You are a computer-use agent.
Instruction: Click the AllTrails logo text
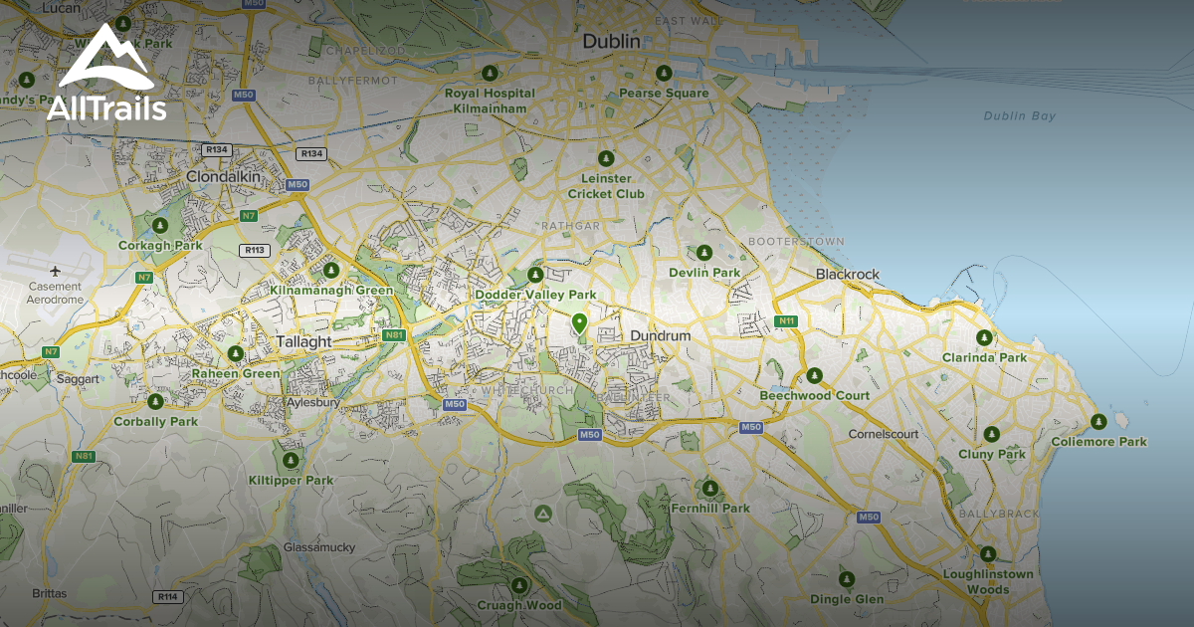(x=105, y=108)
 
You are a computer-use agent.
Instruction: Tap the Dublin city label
(x=611, y=42)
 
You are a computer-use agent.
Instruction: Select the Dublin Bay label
(x=1020, y=116)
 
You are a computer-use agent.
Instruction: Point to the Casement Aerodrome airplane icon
(x=55, y=270)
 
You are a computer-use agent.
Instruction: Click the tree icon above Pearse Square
(x=664, y=74)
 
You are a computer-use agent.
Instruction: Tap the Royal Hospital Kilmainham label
(x=490, y=100)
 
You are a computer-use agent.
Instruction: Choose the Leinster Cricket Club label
(x=606, y=186)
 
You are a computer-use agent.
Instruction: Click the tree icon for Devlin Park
(x=704, y=253)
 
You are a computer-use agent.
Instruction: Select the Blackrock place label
(x=848, y=274)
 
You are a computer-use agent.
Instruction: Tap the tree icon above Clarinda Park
(x=985, y=338)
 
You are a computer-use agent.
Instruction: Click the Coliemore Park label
(x=1098, y=442)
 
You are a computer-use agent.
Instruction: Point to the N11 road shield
(x=787, y=320)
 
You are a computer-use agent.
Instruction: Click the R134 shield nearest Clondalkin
(x=216, y=149)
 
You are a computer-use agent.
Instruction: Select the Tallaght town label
(x=303, y=341)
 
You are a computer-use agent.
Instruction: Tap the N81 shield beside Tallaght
(x=394, y=336)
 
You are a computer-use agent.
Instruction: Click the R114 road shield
(x=167, y=596)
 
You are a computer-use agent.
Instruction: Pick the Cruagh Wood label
(x=518, y=605)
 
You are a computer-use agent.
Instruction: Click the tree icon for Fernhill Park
(x=709, y=489)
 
